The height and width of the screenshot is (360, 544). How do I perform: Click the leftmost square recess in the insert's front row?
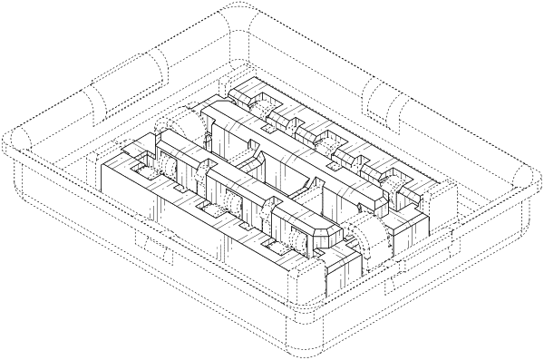pyautogui.click(x=141, y=167)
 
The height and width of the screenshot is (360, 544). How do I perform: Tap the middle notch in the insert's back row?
pyautogui.click(x=326, y=139)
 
